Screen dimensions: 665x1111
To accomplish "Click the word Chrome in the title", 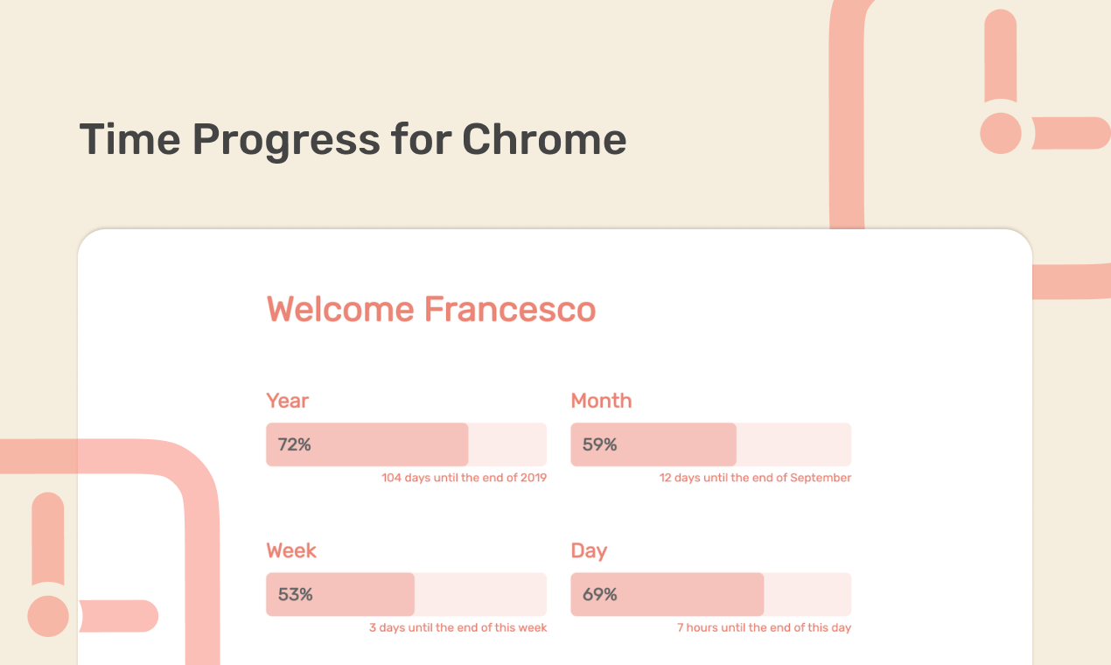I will pos(544,140).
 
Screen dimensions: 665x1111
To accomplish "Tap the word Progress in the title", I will pos(286,140).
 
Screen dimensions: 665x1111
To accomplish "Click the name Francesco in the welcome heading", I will pos(510,310).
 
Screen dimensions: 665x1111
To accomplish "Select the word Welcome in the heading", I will pos(340,310).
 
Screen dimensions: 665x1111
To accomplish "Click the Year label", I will pos(287,401).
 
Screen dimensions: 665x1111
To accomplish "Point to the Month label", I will pos(601,401).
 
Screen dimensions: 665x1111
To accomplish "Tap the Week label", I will pos(291,550).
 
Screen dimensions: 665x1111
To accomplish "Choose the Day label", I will pos(589,550).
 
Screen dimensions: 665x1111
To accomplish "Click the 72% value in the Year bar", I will pos(295,444).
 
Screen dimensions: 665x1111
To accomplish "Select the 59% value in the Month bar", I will pos(600,444).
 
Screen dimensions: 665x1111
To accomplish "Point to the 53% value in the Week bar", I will pos(296,595).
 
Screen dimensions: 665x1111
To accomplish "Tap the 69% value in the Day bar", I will pos(600,595).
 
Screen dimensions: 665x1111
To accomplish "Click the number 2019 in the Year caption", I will pos(534,478).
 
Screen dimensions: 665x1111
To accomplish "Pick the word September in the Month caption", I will pos(821,478).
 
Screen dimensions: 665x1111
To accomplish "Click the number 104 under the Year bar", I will pos(391,478).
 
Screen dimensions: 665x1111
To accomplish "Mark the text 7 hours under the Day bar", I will pos(695,627).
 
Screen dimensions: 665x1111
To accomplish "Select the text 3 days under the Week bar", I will pos(387,627).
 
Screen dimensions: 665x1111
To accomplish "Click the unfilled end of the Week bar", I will pos(480,595).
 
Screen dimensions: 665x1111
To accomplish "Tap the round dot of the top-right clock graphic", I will pos(1001,133).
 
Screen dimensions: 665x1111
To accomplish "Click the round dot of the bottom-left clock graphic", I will pos(48,616).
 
